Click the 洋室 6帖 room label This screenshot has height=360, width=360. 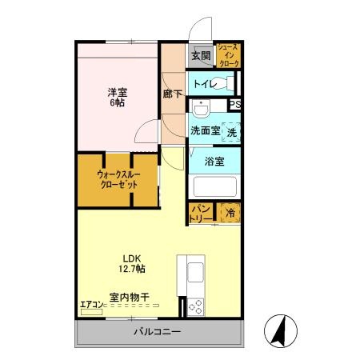(117, 98)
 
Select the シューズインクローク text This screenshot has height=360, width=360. (227, 55)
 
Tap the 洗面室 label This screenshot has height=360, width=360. (205, 130)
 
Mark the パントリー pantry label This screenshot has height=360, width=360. (200, 214)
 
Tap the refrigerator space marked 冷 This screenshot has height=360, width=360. (230, 213)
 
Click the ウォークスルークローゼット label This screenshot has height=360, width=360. (118, 178)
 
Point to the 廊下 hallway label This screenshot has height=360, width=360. (172, 94)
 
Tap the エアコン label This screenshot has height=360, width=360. (91, 303)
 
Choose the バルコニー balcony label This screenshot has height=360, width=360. (157, 332)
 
